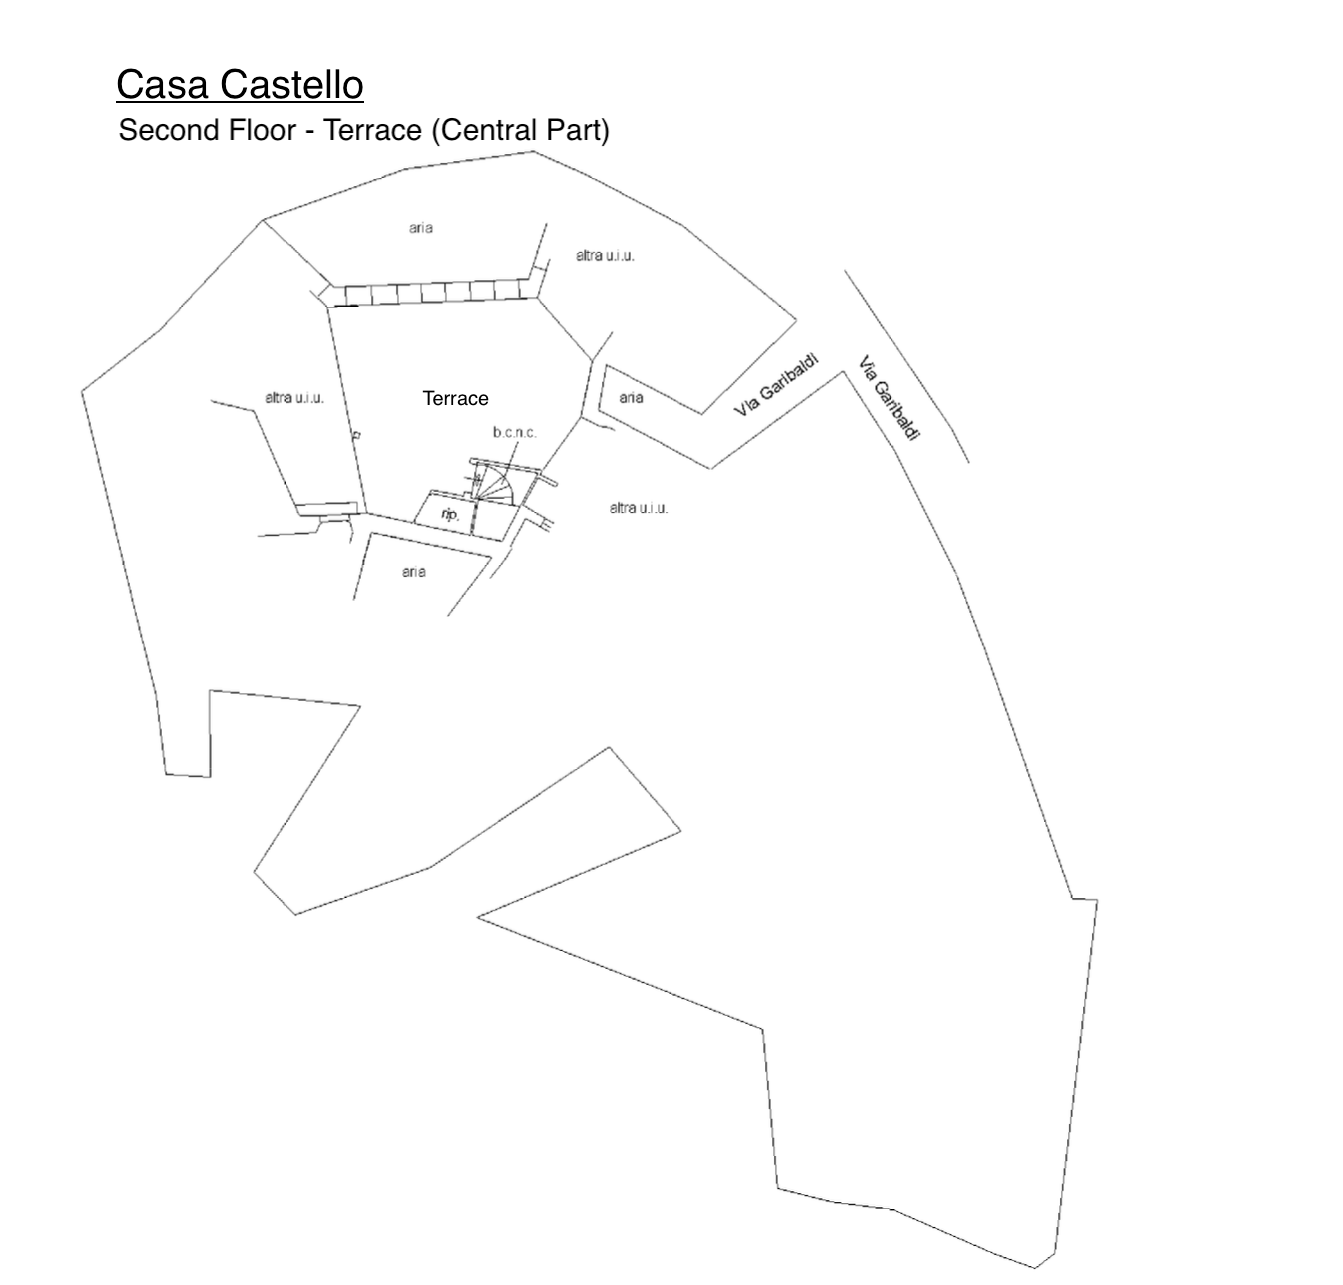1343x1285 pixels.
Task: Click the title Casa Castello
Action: point(239,85)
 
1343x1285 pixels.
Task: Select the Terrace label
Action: point(455,398)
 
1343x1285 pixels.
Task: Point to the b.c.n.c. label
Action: point(514,433)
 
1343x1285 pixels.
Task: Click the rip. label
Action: point(450,514)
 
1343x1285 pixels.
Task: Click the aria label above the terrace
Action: point(420,228)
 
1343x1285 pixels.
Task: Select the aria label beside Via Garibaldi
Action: point(630,398)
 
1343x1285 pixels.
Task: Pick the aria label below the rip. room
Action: point(413,572)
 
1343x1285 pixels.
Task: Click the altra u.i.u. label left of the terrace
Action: point(294,398)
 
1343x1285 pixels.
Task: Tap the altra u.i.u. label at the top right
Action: point(605,256)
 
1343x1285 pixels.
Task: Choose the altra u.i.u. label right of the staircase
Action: point(639,508)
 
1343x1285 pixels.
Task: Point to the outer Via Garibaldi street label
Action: point(888,398)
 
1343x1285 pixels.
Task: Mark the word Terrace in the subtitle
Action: point(373,130)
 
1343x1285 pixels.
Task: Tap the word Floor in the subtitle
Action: point(262,130)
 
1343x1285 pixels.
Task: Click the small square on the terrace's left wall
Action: point(356,435)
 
